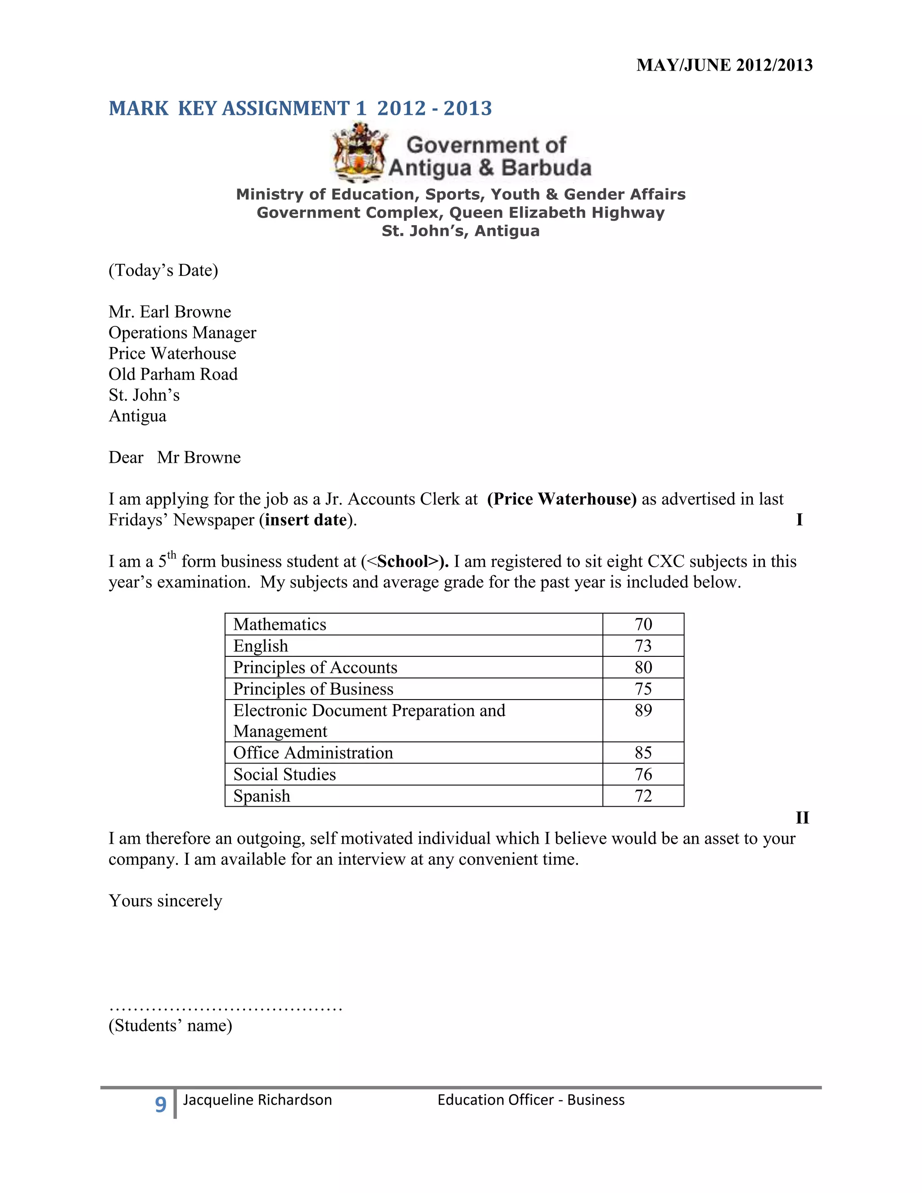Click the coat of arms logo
click(359, 153)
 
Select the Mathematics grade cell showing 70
click(643, 624)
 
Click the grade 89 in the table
click(643, 711)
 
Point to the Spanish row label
click(262, 796)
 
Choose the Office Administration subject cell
click(313, 753)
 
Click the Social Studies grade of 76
click(643, 775)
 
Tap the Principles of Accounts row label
click(315, 668)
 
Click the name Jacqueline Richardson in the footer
click(257, 1100)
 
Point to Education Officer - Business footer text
click(530, 1100)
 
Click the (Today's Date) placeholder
click(163, 271)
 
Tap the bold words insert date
click(306, 520)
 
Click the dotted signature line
click(225, 1006)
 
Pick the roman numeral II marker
click(802, 818)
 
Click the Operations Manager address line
click(182, 333)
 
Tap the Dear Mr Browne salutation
click(175, 458)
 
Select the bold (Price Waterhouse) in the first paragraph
click(561, 499)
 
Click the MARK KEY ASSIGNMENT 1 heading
click(300, 108)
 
